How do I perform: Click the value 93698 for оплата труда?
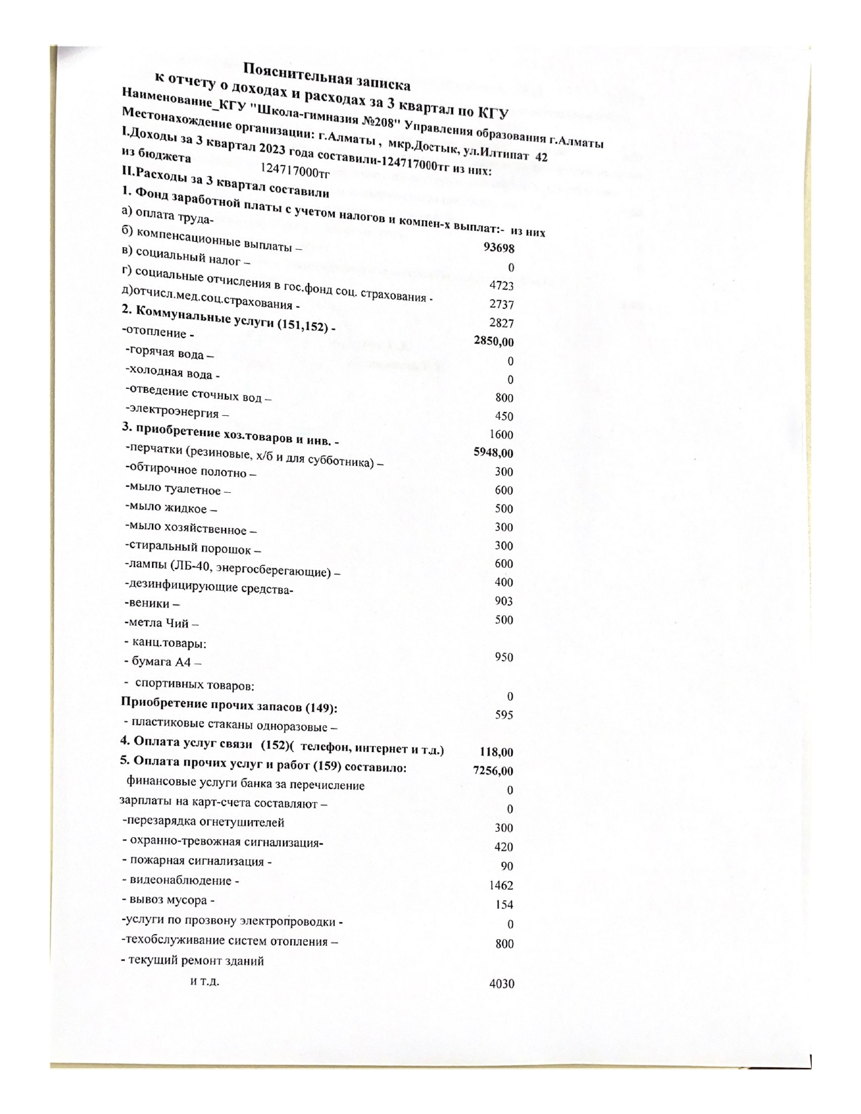498,248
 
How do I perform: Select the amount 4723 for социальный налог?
502,286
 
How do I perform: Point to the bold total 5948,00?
494,453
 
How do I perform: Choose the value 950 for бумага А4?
504,657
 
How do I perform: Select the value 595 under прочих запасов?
504,714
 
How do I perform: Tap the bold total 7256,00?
494,770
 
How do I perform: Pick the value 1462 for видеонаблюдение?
501,885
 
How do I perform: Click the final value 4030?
501,984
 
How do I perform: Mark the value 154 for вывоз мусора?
504,905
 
